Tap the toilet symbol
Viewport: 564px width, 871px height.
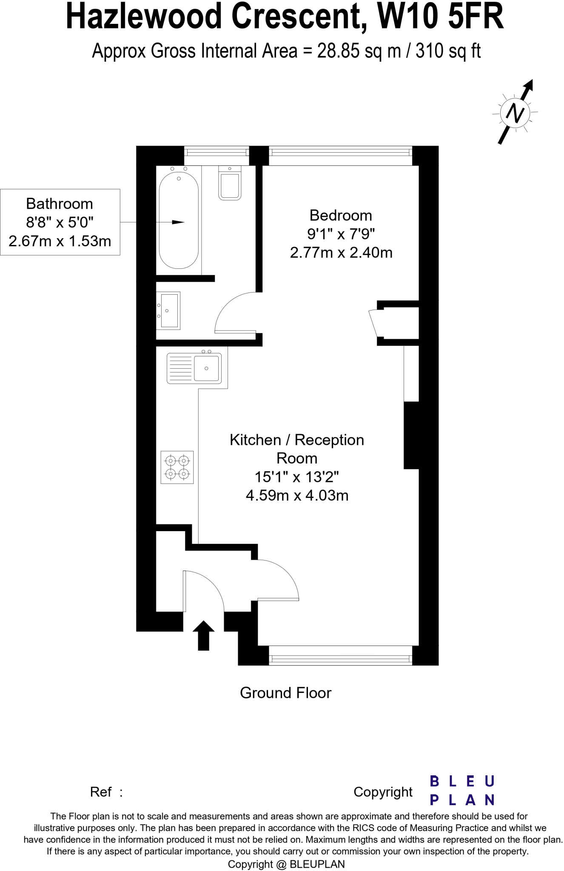click(x=230, y=185)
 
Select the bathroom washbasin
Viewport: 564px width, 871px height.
click(x=169, y=310)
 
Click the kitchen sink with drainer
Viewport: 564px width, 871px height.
click(x=194, y=368)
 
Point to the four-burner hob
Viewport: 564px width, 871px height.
click(x=177, y=467)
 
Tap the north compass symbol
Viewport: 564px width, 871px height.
click(x=515, y=113)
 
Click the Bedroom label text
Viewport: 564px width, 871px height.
click(x=341, y=215)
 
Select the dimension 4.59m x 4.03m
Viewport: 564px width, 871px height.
click(x=297, y=495)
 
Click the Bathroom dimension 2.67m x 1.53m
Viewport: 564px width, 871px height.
click(x=60, y=241)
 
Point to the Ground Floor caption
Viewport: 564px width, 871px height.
click(x=285, y=693)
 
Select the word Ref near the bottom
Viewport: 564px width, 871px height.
click(x=101, y=792)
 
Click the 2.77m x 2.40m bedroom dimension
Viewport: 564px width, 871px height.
click(x=341, y=253)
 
